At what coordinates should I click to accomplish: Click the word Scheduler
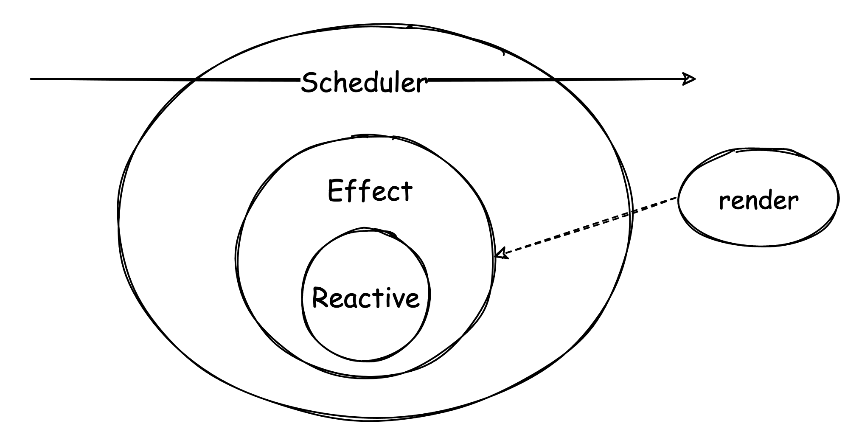click(x=364, y=83)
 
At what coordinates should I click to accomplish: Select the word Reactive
click(x=365, y=297)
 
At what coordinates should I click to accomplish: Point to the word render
click(x=758, y=201)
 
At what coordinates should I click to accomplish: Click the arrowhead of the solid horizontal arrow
click(x=690, y=79)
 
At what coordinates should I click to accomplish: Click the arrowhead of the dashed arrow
click(x=501, y=254)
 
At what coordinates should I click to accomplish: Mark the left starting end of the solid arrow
click(x=31, y=79)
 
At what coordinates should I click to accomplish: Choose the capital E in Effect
click(x=335, y=191)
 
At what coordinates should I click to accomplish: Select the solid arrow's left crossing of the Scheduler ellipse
click(x=194, y=79)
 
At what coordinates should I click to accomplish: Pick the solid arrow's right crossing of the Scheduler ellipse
click(x=554, y=79)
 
